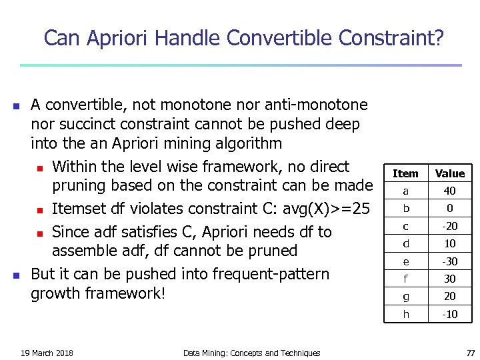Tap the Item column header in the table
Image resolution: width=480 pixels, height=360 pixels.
pyautogui.click(x=405, y=173)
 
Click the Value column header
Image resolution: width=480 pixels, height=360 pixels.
pyautogui.click(x=450, y=173)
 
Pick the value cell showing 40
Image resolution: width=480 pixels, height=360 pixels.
pyautogui.click(x=450, y=191)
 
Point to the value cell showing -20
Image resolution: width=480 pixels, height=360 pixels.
pyautogui.click(x=450, y=226)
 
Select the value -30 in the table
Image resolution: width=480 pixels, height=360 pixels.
pyautogui.click(x=450, y=261)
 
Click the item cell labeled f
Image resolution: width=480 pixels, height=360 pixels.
pyautogui.click(x=405, y=279)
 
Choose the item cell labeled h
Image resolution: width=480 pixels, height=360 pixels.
pyautogui.click(x=405, y=314)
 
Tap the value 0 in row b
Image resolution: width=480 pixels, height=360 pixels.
pyautogui.click(x=450, y=208)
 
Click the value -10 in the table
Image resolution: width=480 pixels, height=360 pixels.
pyautogui.click(x=450, y=314)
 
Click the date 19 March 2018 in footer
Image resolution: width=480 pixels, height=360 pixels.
pyautogui.click(x=47, y=353)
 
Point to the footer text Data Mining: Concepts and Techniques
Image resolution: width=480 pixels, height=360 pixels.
pyautogui.click(x=251, y=353)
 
